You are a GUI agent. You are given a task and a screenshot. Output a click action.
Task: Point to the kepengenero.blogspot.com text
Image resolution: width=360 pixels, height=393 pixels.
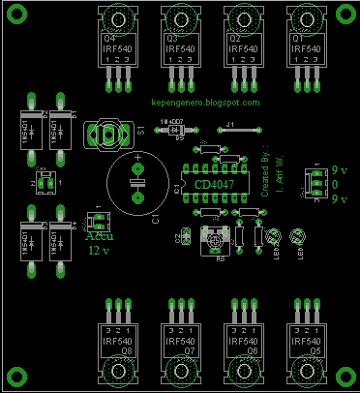click(x=206, y=102)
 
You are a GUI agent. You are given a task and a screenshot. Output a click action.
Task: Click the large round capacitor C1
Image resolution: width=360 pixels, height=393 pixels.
click(x=137, y=184)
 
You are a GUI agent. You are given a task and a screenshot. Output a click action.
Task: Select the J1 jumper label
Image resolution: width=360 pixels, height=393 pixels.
click(x=229, y=124)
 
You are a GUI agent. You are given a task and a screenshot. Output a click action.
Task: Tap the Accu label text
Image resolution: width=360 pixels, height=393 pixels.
click(x=98, y=235)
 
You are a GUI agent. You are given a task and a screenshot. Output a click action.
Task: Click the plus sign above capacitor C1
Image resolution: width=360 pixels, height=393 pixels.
click(x=137, y=155)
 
